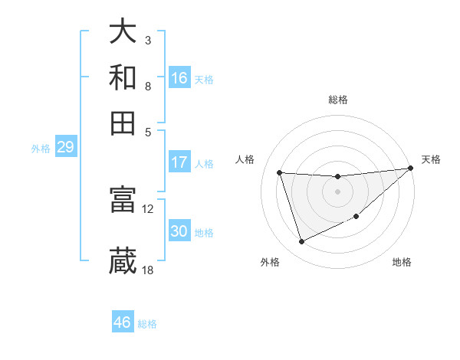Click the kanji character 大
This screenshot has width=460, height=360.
123,33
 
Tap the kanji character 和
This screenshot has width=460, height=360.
123,78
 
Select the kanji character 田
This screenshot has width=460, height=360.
123,123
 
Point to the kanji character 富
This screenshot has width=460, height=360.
123,200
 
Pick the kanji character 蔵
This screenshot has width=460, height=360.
123,261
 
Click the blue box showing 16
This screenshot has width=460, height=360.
179,78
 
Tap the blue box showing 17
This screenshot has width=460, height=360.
179,162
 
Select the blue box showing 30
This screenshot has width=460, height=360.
179,231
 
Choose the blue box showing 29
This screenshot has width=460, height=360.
65,148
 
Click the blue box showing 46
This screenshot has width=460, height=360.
123,322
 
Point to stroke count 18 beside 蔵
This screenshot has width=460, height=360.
148,270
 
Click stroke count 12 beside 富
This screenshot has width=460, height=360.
148,208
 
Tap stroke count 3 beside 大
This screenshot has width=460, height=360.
148,41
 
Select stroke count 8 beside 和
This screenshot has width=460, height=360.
148,86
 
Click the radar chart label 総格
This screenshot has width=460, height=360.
338,100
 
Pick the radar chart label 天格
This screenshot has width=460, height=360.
431,159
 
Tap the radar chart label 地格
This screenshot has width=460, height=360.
402,262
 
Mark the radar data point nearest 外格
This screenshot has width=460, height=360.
301,242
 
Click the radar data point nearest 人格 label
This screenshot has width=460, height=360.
280,172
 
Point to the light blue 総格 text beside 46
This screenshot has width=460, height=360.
147,324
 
